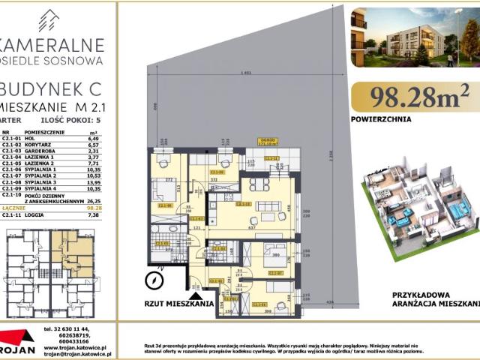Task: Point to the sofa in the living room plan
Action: click(x=268, y=205)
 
